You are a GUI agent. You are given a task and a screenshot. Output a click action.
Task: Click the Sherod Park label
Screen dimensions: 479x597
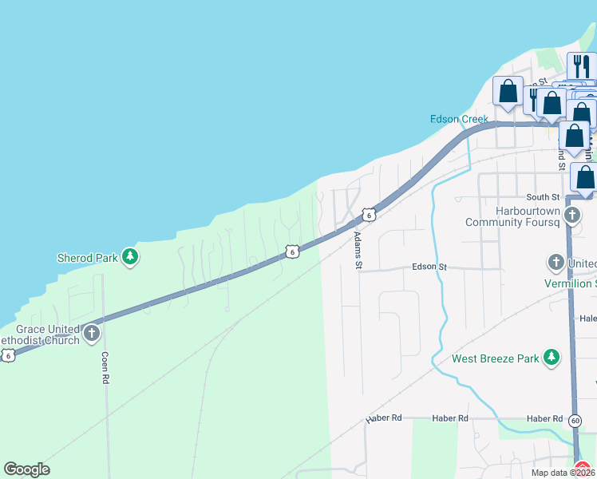point(87,258)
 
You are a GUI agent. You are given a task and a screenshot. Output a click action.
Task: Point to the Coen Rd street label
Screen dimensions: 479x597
point(105,368)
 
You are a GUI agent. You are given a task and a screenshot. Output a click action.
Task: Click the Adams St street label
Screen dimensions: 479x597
point(358,250)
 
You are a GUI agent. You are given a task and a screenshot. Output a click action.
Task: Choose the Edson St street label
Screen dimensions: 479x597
point(429,267)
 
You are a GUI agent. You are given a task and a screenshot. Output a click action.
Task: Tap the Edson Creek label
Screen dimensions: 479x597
point(459,119)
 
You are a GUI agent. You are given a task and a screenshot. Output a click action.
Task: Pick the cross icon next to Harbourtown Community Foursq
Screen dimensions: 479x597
point(572,215)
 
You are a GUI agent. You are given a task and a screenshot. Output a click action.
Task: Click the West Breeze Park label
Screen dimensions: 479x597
point(496,358)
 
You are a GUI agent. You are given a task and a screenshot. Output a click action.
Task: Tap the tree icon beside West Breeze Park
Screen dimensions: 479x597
point(551,358)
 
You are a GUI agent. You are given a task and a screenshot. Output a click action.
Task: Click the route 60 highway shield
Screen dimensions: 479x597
point(575,419)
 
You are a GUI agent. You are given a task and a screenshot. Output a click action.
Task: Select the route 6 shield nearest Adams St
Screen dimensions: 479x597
point(368,215)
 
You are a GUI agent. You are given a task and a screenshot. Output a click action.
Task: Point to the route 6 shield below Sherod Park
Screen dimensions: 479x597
point(293,251)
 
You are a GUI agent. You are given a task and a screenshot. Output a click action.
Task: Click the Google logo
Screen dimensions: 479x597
point(26,469)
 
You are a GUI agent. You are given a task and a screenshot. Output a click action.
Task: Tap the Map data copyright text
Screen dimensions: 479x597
point(563,473)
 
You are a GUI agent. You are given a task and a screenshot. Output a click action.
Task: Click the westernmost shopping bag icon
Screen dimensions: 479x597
point(508,93)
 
